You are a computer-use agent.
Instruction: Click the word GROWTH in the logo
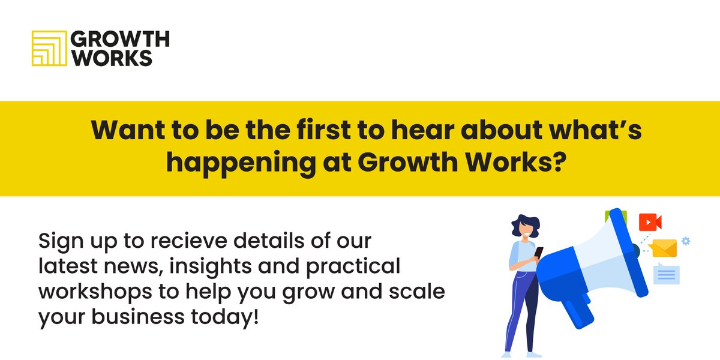coord(120,40)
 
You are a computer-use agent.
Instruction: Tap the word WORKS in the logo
coord(111,58)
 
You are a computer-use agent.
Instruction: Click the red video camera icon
coord(649,222)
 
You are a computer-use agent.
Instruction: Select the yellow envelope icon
coord(662,247)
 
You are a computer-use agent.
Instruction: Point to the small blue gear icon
coord(686,241)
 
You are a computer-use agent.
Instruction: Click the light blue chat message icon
coord(666,274)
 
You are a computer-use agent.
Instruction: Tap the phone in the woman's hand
coord(538,253)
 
